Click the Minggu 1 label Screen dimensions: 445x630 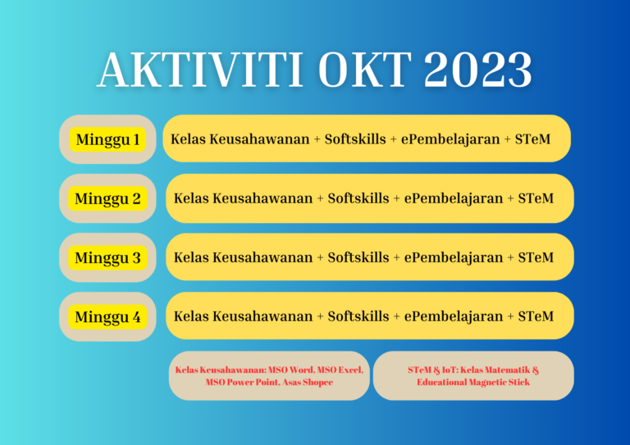click(107, 139)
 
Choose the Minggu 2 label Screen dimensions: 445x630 click(107, 198)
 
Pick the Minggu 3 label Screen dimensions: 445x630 click(107, 257)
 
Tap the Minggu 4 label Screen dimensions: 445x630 click(107, 316)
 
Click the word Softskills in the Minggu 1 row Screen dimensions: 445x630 click(355, 139)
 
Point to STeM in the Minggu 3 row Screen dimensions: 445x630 click(536, 257)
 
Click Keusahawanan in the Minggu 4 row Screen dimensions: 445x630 click(262, 316)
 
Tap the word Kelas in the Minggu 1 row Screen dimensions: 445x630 click(188, 139)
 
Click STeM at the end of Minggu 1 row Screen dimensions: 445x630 click(532, 139)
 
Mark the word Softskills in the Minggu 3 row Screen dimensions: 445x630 click(358, 257)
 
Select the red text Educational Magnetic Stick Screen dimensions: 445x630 click(473, 382)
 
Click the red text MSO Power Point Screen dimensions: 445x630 click(238, 382)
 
